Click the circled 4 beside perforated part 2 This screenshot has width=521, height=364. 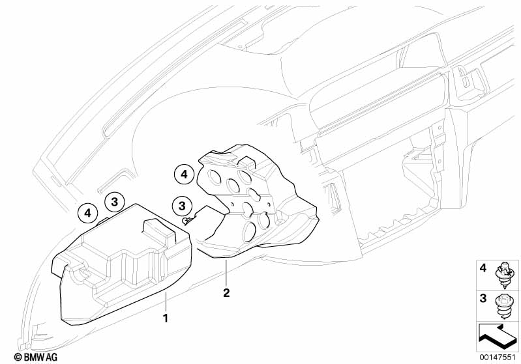click(x=184, y=174)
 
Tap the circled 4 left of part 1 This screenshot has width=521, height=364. click(x=87, y=213)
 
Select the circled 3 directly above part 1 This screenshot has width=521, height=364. click(x=113, y=202)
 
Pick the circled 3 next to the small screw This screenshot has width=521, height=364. click(x=182, y=206)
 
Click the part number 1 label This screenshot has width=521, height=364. click(x=166, y=318)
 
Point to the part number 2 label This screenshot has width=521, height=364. click(x=226, y=293)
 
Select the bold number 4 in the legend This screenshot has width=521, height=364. click(x=483, y=268)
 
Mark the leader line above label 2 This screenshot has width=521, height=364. click(x=226, y=273)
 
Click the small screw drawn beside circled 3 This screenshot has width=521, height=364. click(x=186, y=221)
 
